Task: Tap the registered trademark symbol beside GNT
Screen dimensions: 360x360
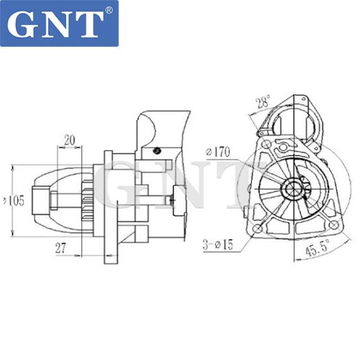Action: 109,11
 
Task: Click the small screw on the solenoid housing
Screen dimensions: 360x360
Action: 157,150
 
